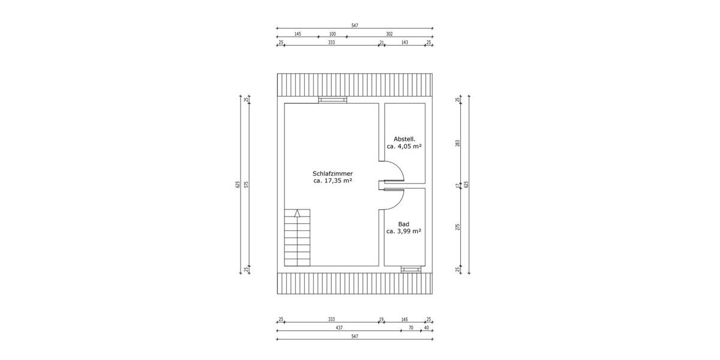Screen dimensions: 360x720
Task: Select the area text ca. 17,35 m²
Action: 332,180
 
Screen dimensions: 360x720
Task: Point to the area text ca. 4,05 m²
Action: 404,146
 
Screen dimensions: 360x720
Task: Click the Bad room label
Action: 404,223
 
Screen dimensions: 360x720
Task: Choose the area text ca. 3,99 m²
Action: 404,231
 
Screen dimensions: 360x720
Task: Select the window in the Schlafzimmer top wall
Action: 332,100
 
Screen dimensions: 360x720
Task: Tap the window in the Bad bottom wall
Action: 411,269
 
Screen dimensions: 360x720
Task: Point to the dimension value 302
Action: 389,34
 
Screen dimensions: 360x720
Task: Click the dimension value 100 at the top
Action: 332,34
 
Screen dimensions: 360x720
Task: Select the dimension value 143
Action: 404,43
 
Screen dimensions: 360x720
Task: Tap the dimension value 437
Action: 339,328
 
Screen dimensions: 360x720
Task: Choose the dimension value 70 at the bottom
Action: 411,328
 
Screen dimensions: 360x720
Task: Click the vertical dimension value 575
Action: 246,185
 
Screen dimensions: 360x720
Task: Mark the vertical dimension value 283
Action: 457,143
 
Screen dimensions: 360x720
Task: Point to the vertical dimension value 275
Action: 457,227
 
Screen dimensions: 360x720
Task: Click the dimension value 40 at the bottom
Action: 427,328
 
